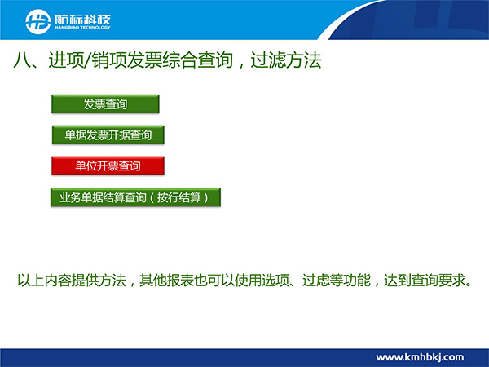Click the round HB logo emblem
(37, 21)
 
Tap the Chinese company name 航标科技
(82, 20)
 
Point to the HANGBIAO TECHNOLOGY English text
(82, 28)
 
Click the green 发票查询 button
(105, 104)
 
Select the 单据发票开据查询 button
(108, 135)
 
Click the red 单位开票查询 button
(108, 166)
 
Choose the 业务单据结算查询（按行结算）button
(135, 197)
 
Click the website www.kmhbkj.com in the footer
(420, 357)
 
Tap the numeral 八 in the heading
(22, 60)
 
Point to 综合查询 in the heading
(198, 60)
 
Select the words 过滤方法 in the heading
(286, 60)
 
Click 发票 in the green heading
(145, 60)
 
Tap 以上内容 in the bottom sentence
(44, 280)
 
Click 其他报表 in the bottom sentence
(166, 280)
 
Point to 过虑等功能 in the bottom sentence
(337, 280)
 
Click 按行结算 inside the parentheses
(178, 197)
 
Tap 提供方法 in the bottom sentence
(99, 280)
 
